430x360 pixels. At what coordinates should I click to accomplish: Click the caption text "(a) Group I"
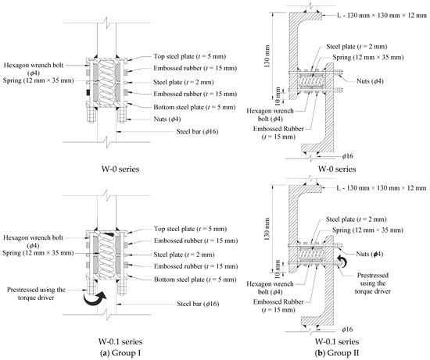click(x=120, y=353)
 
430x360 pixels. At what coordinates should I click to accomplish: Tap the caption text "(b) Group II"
click(x=337, y=353)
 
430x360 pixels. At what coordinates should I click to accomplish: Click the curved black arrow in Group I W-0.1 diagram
click(x=95, y=299)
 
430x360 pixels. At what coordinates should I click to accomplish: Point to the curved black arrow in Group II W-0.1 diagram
click(x=343, y=261)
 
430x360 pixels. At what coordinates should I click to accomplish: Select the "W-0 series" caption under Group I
click(x=120, y=169)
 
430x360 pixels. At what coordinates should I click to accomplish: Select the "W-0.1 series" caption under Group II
click(x=337, y=341)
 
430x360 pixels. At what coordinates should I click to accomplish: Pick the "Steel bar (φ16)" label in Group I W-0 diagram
click(x=198, y=131)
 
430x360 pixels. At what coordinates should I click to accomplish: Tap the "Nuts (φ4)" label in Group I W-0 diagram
click(x=167, y=119)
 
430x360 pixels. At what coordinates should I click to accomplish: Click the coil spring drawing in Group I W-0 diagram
click(x=106, y=82)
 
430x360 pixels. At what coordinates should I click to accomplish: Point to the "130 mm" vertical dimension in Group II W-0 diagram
click(x=267, y=56)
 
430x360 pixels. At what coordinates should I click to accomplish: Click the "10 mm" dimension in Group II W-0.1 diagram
click(x=278, y=269)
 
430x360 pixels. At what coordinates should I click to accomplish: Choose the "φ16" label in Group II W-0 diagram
click(x=347, y=156)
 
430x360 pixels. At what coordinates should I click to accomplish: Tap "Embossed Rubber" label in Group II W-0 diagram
click(x=278, y=133)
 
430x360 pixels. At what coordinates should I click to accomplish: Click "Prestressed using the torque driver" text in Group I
click(x=36, y=294)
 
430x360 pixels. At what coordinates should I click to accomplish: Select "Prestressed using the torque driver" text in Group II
click(x=373, y=283)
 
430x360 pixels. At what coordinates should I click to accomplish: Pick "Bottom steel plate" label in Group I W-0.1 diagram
click(x=195, y=280)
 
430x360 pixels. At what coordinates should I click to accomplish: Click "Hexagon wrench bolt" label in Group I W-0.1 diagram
click(x=33, y=241)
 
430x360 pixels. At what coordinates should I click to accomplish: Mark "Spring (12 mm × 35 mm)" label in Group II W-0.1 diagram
click(x=367, y=230)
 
